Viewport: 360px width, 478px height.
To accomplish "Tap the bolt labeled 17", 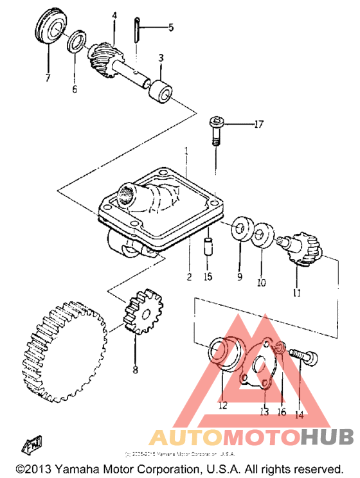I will click(215, 131).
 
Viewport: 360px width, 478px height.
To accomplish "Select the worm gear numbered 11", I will click(301, 248).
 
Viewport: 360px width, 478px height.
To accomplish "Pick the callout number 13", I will click(264, 412).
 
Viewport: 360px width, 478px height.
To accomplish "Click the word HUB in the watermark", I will click(327, 438).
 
